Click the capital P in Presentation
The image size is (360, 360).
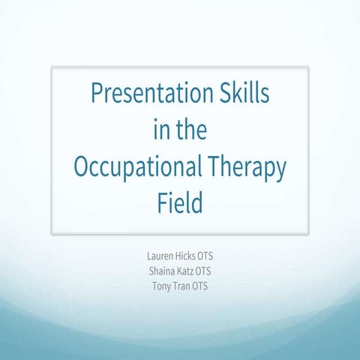(x=97, y=96)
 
